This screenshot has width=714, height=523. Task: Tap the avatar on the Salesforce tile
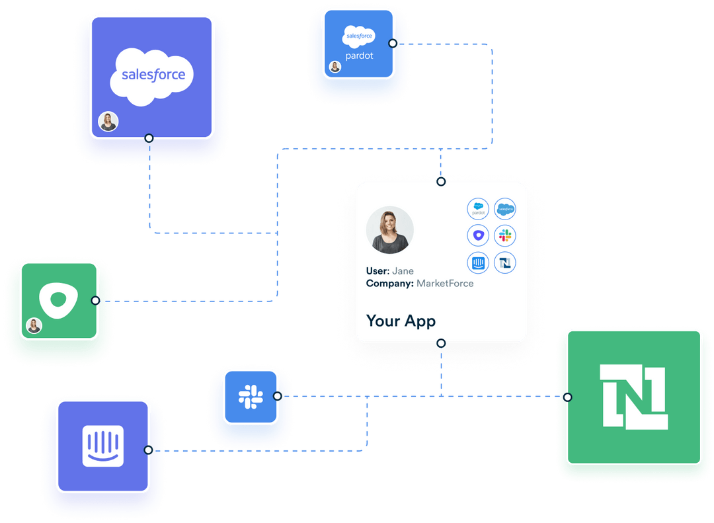click(x=108, y=122)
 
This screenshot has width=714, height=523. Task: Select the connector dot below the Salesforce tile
click(x=149, y=138)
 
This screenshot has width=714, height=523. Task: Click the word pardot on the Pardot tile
click(x=359, y=56)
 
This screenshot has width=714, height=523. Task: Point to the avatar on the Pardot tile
click(x=335, y=67)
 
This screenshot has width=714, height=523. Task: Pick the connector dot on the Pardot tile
click(x=393, y=43)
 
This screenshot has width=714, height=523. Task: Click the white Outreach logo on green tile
click(x=59, y=300)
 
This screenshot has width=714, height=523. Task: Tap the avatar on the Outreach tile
click(x=34, y=325)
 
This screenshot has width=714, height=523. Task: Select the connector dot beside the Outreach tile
click(x=96, y=300)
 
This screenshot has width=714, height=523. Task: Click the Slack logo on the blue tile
click(x=251, y=396)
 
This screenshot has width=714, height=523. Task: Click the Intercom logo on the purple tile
click(x=102, y=446)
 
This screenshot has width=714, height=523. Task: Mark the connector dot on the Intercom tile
click(x=149, y=450)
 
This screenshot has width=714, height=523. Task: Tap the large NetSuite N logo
click(x=633, y=397)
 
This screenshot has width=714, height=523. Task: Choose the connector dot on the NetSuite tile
click(x=567, y=397)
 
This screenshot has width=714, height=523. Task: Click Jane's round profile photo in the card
click(x=390, y=231)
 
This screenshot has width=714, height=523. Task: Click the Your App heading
click(x=401, y=321)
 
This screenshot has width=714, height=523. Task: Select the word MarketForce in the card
click(x=445, y=284)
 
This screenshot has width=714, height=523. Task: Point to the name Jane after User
click(x=403, y=271)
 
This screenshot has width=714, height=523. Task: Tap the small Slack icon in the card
click(x=505, y=235)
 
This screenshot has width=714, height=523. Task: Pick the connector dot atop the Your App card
click(x=441, y=181)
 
